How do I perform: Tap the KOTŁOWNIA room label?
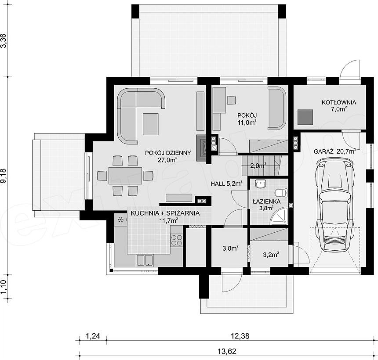tap(339, 102)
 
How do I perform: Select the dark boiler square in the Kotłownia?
tap(305, 117)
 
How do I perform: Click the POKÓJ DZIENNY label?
tap(168, 153)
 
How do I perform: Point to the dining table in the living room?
tap(125, 176)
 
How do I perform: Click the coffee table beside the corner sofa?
tap(151, 124)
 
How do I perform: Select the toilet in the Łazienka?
tap(281, 193)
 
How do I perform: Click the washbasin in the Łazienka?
tap(260, 184)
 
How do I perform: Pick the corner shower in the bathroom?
tap(280, 216)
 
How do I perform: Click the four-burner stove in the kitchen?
tap(177, 240)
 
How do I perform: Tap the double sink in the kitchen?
tap(145, 260)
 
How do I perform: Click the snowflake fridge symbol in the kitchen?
tap(121, 220)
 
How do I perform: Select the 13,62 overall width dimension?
tap(227, 351)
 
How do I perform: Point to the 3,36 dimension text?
tap(4, 40)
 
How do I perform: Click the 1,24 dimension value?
tap(93, 336)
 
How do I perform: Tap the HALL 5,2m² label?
tap(226, 184)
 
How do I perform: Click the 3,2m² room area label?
tap(271, 254)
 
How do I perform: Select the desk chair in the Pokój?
tap(231, 100)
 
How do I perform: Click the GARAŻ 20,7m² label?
tap(335, 151)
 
